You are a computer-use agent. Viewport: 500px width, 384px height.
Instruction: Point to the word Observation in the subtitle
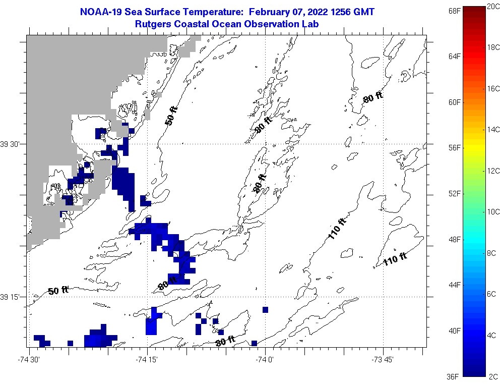(x=274, y=24)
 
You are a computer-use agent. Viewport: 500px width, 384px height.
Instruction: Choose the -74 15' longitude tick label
(x=148, y=359)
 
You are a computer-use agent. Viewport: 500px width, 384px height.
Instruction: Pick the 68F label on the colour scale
(x=454, y=10)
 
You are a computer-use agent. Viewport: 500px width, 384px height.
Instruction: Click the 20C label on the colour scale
(x=492, y=6)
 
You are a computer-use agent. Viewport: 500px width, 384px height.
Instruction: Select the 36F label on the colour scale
(x=454, y=376)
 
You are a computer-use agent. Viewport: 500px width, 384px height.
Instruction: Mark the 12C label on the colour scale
(x=492, y=171)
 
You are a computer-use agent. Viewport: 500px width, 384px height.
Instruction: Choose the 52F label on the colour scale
(x=454, y=193)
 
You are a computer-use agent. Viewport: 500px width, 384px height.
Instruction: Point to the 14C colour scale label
(x=492, y=130)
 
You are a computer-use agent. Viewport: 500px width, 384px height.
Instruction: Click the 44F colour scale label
(x=454, y=285)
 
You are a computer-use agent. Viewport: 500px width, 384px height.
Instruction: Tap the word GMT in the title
(x=364, y=12)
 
